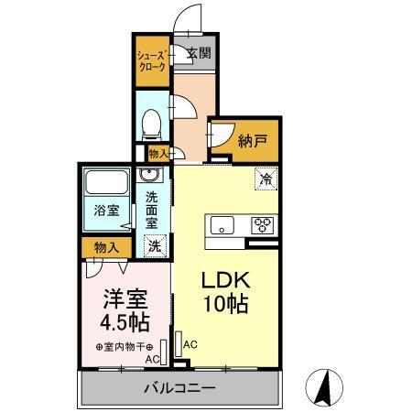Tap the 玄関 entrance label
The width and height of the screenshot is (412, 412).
click(x=198, y=54)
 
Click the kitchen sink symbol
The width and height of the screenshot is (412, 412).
click(x=222, y=225)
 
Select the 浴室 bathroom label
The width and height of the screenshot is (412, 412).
click(x=105, y=209)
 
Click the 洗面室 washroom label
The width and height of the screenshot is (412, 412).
click(x=153, y=208)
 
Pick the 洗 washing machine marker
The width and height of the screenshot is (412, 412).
click(x=155, y=245)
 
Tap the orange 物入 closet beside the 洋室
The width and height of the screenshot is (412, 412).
click(x=105, y=246)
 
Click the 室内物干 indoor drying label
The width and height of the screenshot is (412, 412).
click(x=126, y=347)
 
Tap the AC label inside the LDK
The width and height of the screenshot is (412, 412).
click(x=190, y=344)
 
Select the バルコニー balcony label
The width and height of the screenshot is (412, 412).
click(x=179, y=389)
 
